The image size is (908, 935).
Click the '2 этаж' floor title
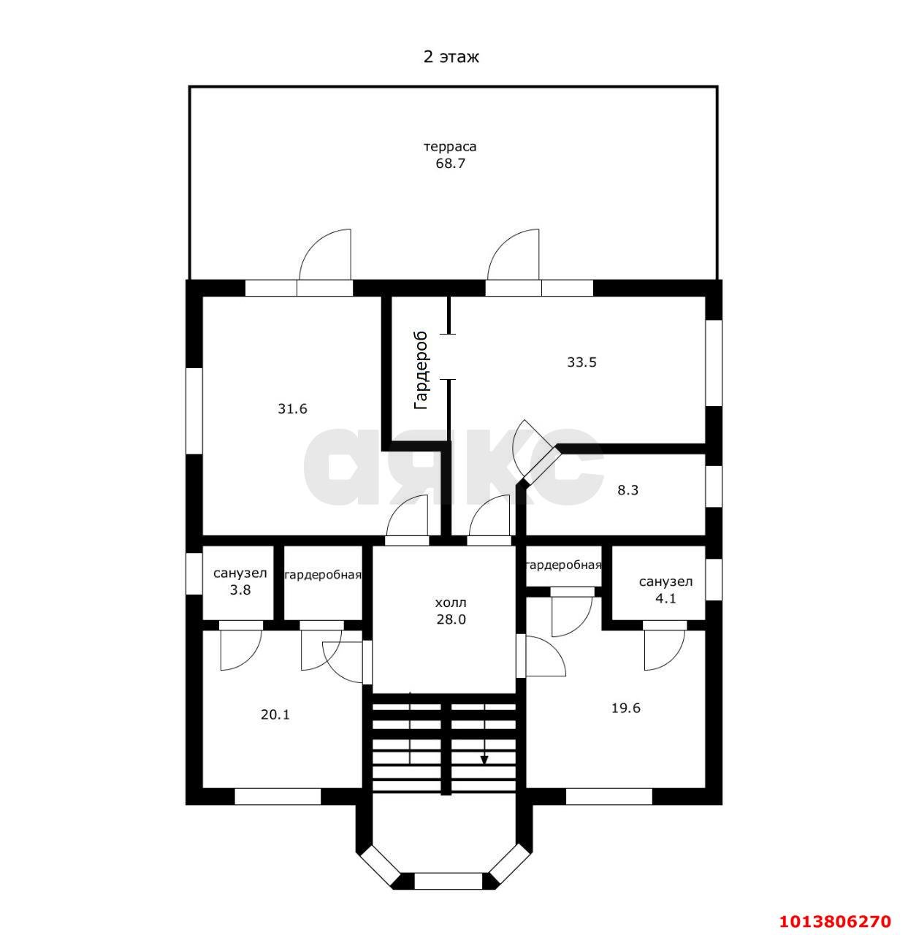click(x=451, y=57)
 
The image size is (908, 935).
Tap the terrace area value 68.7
click(x=450, y=164)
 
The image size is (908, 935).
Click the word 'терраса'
click(x=450, y=146)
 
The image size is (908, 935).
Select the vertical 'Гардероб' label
click(x=421, y=370)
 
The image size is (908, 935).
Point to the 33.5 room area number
click(x=581, y=362)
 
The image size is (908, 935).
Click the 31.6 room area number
click(x=293, y=409)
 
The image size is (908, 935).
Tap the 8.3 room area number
click(x=628, y=490)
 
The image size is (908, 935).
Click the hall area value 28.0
click(x=451, y=619)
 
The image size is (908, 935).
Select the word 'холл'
click(x=450, y=603)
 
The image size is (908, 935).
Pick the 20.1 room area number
click(x=275, y=714)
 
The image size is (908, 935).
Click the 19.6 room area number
click(x=626, y=708)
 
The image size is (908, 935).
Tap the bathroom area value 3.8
click(x=240, y=590)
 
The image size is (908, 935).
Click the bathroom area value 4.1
click(x=666, y=599)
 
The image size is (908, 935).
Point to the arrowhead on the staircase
click(x=484, y=760)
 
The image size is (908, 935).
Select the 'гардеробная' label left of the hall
click(x=323, y=575)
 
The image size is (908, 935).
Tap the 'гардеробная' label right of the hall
click(x=564, y=565)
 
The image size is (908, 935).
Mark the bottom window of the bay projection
click(x=448, y=881)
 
